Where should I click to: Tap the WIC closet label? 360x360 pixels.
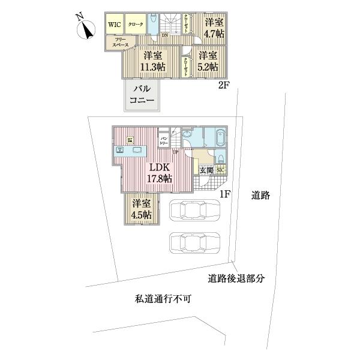[x=114, y=25]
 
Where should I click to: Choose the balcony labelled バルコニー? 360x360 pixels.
[x=143, y=95]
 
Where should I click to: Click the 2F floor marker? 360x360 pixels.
[x=224, y=85]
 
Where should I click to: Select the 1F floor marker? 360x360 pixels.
[x=224, y=194]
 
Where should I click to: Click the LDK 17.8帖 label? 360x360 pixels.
[x=159, y=172]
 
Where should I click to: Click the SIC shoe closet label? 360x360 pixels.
[x=220, y=170]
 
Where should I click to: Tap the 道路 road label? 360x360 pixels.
[x=261, y=195]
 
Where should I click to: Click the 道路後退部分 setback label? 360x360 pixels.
[x=236, y=278]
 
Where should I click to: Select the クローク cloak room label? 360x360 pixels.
[x=135, y=25]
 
